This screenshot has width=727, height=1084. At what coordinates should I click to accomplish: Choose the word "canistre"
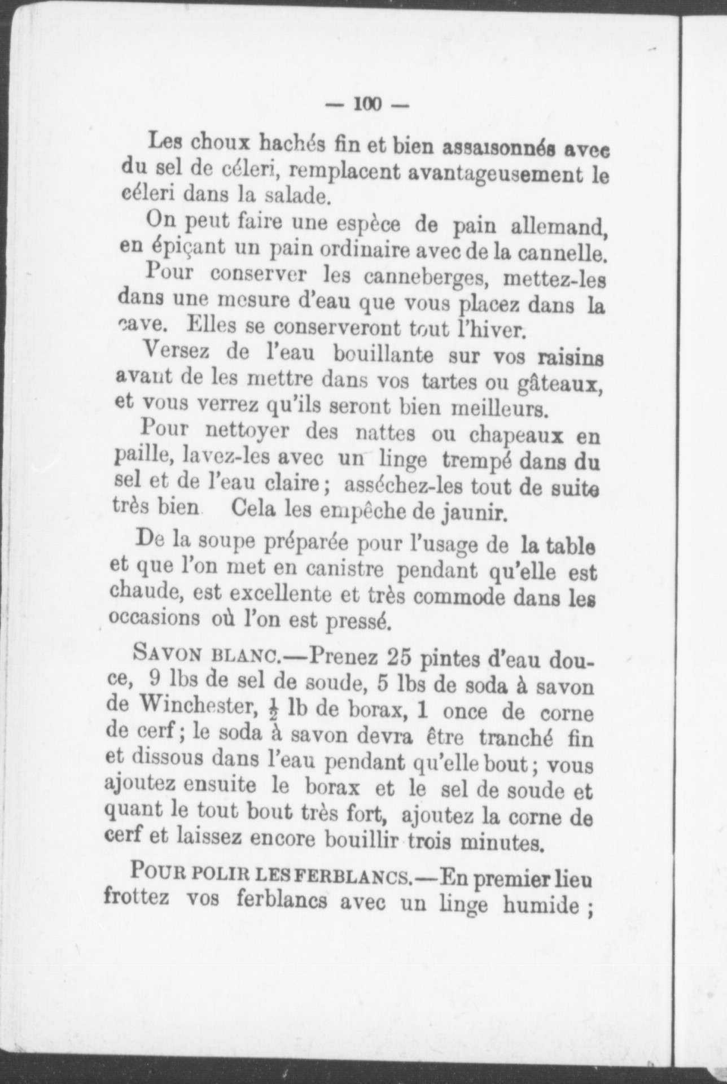[x=345, y=570]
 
